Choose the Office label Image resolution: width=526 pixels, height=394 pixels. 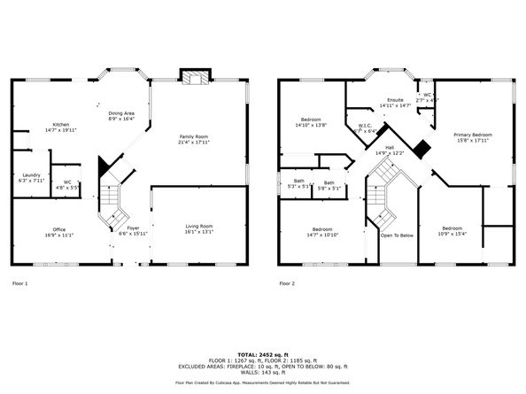(x=59, y=230)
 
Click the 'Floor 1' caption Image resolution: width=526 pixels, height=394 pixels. (x=20, y=283)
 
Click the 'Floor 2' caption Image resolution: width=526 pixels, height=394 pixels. (x=287, y=283)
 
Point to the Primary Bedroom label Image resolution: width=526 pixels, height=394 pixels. (x=473, y=136)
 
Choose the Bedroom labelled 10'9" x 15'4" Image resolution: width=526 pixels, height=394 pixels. (x=452, y=230)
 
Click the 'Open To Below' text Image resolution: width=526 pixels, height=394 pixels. (x=397, y=236)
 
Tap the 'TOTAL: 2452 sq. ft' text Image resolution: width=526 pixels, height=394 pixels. (x=262, y=353)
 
